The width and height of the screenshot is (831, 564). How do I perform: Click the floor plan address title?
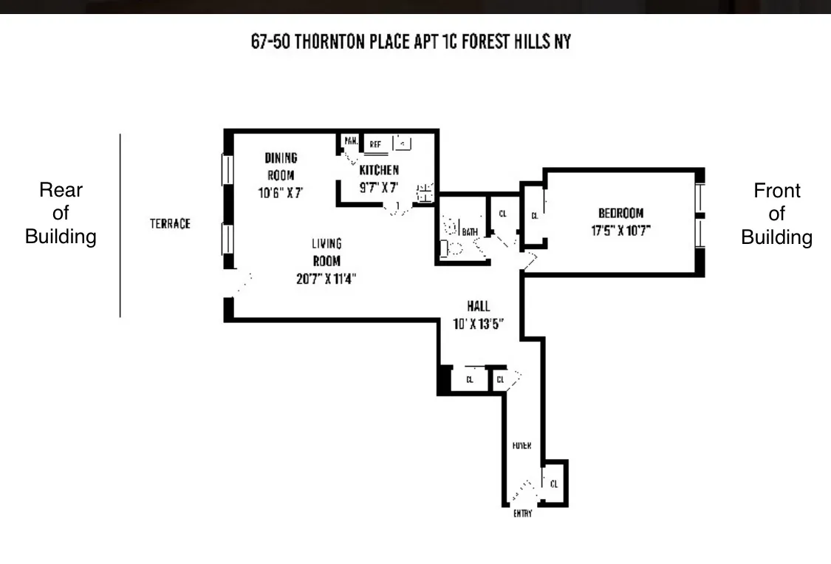411,41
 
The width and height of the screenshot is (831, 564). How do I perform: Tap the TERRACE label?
171,223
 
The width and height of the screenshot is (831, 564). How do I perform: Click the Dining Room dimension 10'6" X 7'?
276,191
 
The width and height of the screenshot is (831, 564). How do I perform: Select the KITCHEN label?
379,170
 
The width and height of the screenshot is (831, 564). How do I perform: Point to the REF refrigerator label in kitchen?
375,144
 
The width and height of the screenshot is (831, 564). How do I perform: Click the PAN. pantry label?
350,140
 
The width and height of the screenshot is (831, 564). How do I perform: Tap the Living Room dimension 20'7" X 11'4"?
326,279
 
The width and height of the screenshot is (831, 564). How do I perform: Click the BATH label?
471,232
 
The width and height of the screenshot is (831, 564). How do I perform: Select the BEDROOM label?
620,214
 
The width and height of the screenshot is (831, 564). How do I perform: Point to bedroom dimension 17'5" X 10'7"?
620,230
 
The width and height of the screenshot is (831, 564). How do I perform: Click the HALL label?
478,306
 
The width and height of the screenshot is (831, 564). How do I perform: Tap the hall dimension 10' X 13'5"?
478,323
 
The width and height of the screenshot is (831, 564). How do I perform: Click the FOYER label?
522,446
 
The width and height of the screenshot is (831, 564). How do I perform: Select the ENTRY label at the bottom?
522,513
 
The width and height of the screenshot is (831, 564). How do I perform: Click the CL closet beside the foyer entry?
554,483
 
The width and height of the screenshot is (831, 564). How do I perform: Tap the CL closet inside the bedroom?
534,216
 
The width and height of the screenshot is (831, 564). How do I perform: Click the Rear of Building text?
61,214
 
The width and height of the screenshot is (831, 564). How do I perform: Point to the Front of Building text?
776,214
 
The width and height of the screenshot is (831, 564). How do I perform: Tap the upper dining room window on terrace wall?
228,170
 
